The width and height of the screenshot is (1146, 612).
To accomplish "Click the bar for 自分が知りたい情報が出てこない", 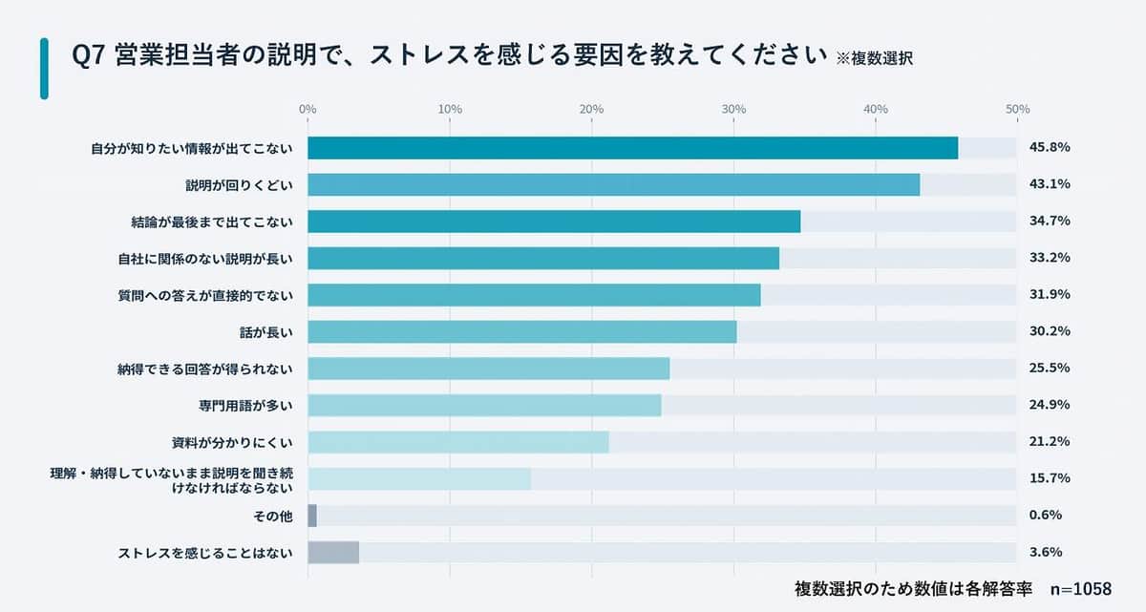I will click(x=632, y=148).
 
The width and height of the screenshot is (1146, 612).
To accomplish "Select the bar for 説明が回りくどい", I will click(x=613, y=184).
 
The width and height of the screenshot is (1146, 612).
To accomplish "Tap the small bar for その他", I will click(x=312, y=516).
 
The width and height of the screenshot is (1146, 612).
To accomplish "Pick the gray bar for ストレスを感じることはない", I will click(x=333, y=553).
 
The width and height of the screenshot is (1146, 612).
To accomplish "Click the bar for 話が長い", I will click(x=521, y=331).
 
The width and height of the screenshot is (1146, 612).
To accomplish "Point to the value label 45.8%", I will click(x=1049, y=148).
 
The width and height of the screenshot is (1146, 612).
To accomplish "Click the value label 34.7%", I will click(x=1049, y=222).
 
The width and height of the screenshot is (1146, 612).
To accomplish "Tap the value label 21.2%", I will click(x=1049, y=442).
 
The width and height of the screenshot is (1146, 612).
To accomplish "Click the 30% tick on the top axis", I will click(x=733, y=110).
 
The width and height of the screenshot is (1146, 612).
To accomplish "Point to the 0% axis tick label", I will click(x=308, y=110).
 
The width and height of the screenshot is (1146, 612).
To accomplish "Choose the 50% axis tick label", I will click(x=1017, y=110).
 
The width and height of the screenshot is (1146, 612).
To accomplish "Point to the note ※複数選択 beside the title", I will click(x=874, y=57).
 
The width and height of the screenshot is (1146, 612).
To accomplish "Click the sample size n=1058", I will click(x=1080, y=589).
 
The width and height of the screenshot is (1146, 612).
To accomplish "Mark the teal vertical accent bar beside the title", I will click(x=44, y=68).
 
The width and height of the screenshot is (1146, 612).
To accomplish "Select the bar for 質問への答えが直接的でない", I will click(x=534, y=295).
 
